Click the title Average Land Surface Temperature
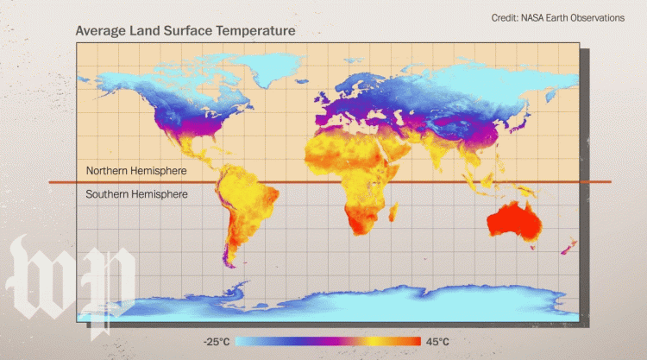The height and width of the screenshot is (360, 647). [185, 30]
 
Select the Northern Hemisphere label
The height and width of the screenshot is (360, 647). [136, 171]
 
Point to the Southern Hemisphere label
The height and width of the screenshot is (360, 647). [136, 194]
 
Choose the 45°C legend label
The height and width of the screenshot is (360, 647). [437, 341]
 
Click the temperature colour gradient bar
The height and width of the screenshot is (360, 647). [328, 341]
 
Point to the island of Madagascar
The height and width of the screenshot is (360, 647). [393, 212]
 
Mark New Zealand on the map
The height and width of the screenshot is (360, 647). [568, 248]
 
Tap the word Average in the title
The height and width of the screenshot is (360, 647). [100, 30]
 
